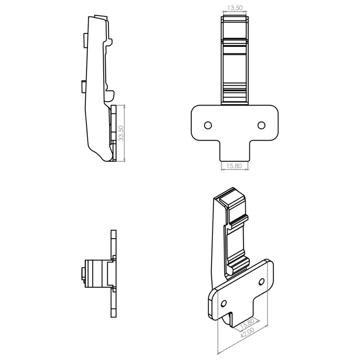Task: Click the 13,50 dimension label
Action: (234, 8)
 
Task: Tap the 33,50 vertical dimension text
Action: (121, 133)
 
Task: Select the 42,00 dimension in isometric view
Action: (247, 333)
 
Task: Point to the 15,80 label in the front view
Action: (234, 166)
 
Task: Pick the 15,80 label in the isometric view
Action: (247, 323)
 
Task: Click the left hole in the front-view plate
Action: (208, 126)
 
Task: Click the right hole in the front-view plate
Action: (261, 126)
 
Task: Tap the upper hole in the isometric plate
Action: (262, 282)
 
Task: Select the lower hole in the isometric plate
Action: (223, 303)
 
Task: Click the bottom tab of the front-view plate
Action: (234, 151)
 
